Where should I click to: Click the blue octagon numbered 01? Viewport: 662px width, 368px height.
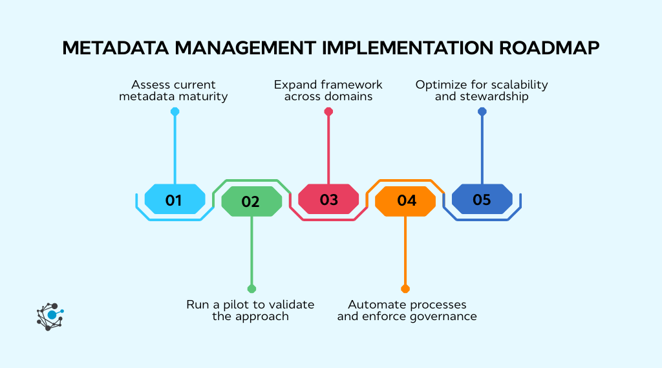click(174, 199)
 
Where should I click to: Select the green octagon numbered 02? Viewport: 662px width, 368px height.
click(251, 201)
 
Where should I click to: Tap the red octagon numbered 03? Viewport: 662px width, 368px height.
click(328, 199)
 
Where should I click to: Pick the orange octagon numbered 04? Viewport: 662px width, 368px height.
click(405, 201)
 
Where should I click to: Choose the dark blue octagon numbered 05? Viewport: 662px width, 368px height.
click(482, 199)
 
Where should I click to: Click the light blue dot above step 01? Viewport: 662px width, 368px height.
click(175, 112)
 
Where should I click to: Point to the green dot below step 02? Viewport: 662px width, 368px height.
click(251, 288)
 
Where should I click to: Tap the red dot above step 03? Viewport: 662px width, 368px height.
click(328, 112)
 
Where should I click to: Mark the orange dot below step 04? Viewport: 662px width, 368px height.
click(405, 288)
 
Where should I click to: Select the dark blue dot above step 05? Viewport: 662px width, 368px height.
click(482, 112)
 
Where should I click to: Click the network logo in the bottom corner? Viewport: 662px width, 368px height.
click(50, 316)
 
